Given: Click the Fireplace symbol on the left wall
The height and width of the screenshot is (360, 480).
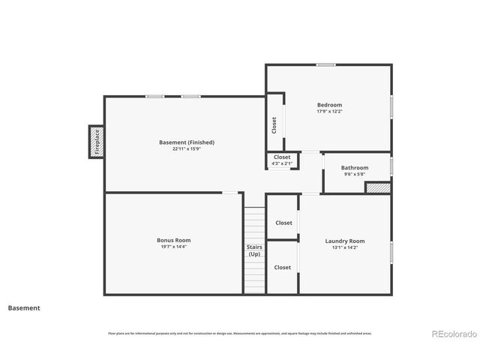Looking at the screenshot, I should [96, 141].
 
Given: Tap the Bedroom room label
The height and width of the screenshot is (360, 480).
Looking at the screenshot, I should [329, 105].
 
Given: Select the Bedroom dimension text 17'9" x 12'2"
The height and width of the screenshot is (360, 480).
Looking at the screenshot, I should [329, 112].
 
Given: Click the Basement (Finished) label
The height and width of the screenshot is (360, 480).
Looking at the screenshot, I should [187, 142].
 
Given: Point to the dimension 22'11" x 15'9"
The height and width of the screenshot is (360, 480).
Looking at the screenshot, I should [187, 149].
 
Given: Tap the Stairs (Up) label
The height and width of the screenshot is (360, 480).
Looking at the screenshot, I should [254, 250].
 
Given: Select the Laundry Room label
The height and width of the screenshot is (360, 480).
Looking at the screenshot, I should [345, 241].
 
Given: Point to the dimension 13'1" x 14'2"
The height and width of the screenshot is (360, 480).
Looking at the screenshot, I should [345, 247].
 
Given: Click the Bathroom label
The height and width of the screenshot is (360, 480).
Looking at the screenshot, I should [355, 168].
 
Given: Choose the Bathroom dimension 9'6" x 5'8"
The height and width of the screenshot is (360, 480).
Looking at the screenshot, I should [355, 175].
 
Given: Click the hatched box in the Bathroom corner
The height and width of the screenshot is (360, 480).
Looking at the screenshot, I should [378, 187].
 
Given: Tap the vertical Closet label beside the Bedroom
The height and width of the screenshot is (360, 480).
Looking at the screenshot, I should [274, 123].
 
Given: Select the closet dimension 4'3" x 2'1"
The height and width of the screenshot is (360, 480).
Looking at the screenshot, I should [282, 163].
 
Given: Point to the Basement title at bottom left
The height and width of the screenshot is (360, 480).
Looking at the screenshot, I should [24, 307].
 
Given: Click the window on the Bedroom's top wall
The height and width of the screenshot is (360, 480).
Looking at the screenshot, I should [325, 65].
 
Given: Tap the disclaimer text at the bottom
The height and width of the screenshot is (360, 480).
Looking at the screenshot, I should [239, 333].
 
